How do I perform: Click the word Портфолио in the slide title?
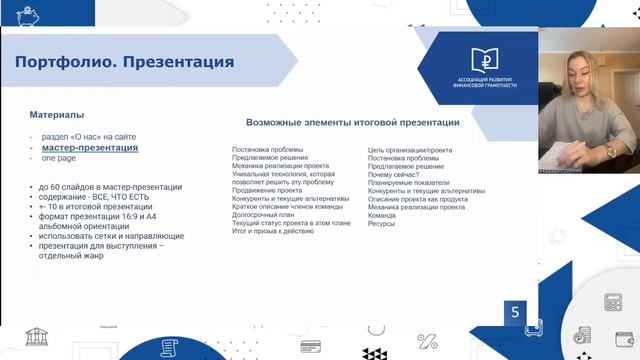click(61, 63)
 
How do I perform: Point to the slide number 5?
click(515, 312)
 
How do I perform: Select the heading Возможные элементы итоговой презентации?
click(352, 123)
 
